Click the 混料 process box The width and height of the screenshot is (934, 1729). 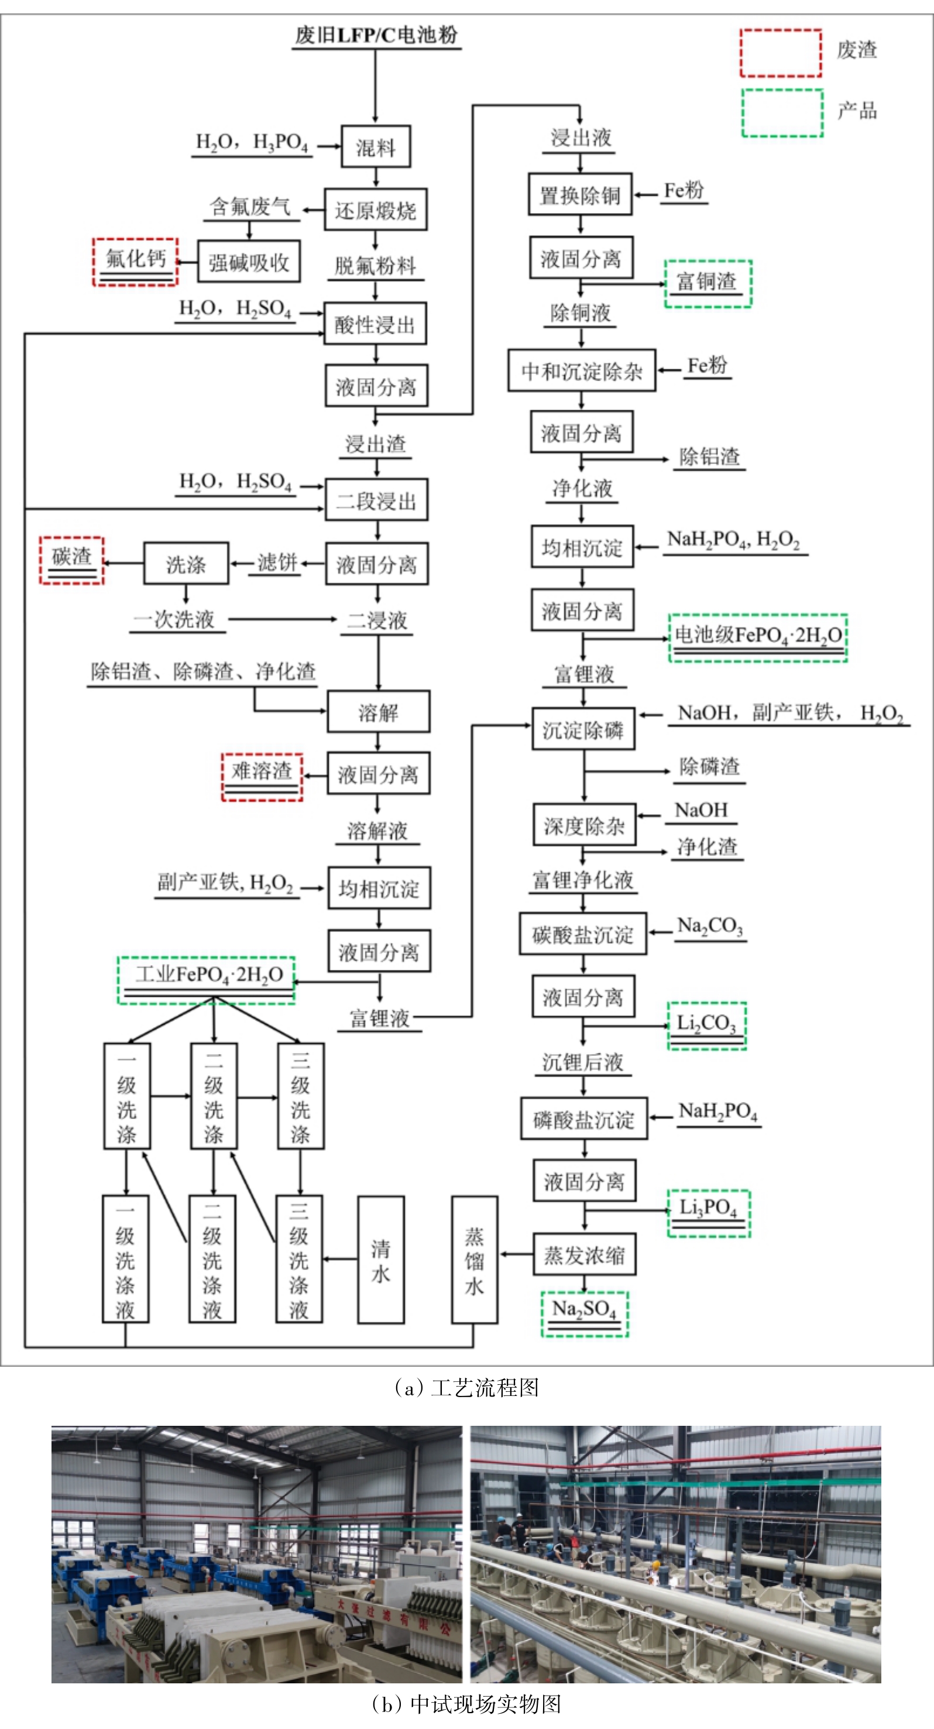(x=375, y=146)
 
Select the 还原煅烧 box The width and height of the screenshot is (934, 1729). (x=376, y=210)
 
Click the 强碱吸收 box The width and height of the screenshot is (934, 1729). (x=249, y=262)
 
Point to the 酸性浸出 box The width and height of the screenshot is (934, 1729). (x=375, y=324)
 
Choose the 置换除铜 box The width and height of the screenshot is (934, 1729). (x=580, y=195)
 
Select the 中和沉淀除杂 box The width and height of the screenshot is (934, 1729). (x=582, y=370)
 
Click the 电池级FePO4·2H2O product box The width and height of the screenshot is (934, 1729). (x=757, y=637)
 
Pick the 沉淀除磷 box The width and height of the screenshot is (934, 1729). (x=583, y=729)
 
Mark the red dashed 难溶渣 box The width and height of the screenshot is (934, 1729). (x=262, y=777)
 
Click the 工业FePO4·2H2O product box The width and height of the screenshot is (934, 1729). (x=207, y=980)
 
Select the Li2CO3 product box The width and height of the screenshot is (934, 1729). (x=706, y=1025)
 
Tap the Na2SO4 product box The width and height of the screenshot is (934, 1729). (x=585, y=1313)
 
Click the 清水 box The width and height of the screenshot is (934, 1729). (x=380, y=1260)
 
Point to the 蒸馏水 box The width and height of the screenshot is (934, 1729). (x=475, y=1260)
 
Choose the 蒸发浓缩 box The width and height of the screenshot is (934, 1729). (x=585, y=1254)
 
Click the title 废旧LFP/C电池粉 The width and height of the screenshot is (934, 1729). (x=376, y=35)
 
